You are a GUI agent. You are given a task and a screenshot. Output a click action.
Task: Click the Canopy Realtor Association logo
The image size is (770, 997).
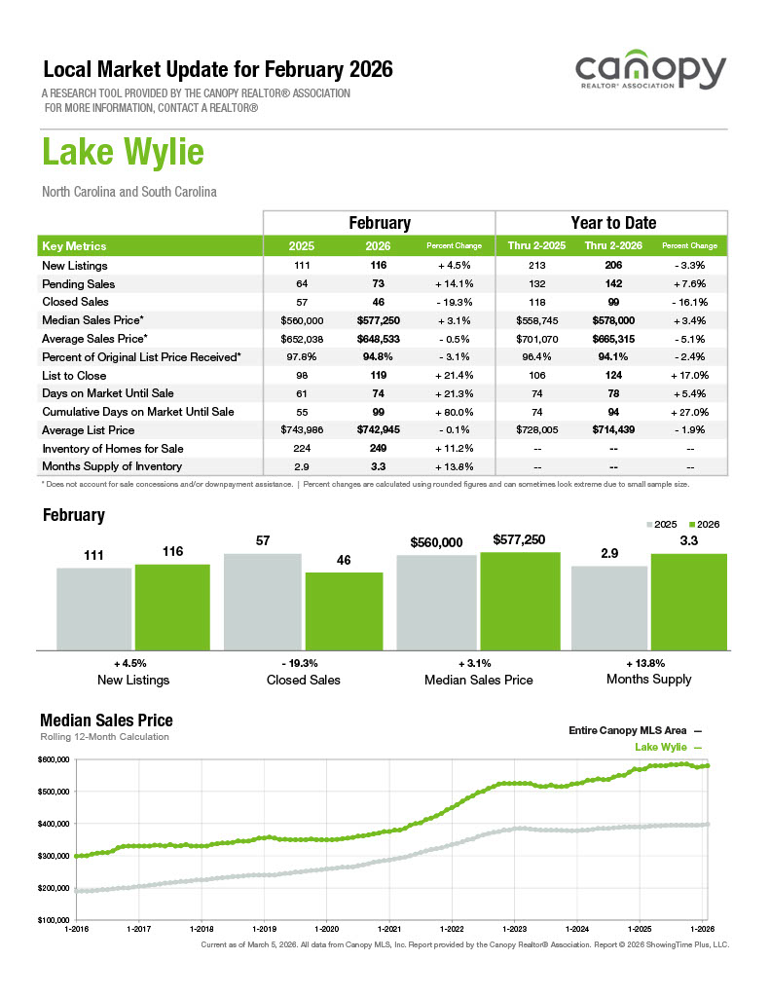pyautogui.click(x=649, y=74)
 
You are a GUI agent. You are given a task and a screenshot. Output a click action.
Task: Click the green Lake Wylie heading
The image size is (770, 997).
pyautogui.click(x=123, y=153)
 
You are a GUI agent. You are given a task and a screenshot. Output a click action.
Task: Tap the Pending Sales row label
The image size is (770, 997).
pyautogui.click(x=79, y=284)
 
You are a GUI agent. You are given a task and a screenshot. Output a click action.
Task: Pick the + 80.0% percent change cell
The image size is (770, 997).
pyautogui.click(x=455, y=412)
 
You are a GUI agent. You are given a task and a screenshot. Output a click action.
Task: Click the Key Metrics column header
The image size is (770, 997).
pyautogui.click(x=75, y=246)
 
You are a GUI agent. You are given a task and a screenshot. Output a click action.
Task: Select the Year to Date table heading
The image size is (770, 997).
pyautogui.click(x=612, y=223)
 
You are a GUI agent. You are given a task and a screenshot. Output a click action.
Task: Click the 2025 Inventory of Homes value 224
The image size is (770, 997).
pyautogui.click(x=302, y=448)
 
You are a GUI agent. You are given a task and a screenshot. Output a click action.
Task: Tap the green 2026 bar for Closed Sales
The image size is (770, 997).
pyautogui.click(x=344, y=610)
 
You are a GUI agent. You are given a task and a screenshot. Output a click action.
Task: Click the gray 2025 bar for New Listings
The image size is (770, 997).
pyautogui.click(x=93, y=609)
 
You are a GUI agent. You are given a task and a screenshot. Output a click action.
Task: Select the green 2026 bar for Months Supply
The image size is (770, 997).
pyautogui.click(x=689, y=601)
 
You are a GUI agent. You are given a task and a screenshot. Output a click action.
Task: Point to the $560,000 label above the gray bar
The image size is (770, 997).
pyautogui.click(x=436, y=543)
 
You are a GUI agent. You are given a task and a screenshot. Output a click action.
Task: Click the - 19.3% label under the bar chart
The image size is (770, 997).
pyautogui.click(x=304, y=662)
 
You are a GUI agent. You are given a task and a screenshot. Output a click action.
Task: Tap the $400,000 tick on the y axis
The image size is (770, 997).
pyautogui.click(x=54, y=824)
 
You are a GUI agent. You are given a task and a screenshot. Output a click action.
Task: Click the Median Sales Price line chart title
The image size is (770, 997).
pyautogui.click(x=106, y=720)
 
